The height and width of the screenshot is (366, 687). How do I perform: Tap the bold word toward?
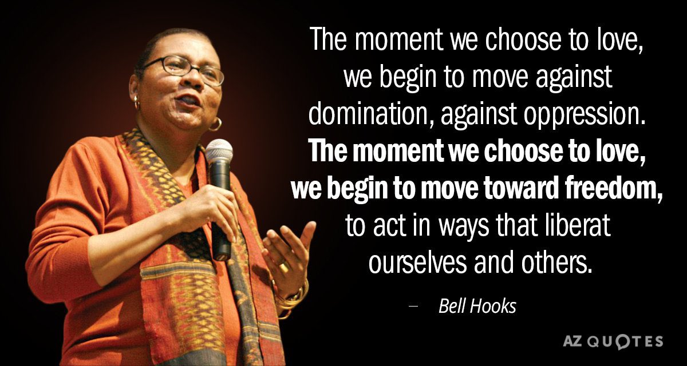pos(498,189)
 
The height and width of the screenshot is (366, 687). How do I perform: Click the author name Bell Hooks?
pos(477,307)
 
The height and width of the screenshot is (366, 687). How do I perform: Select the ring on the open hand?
pos(283,266)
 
